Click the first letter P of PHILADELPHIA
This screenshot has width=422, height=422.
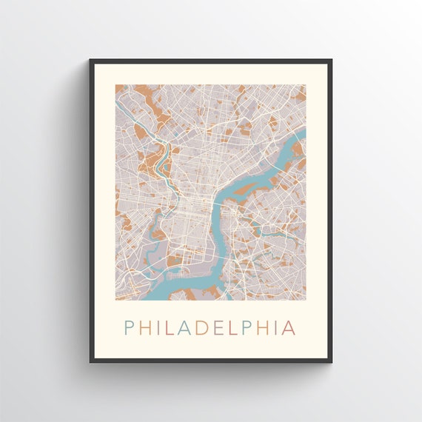[129, 327]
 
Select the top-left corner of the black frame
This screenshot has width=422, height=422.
[91, 61]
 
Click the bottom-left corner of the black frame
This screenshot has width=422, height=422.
[91, 361]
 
